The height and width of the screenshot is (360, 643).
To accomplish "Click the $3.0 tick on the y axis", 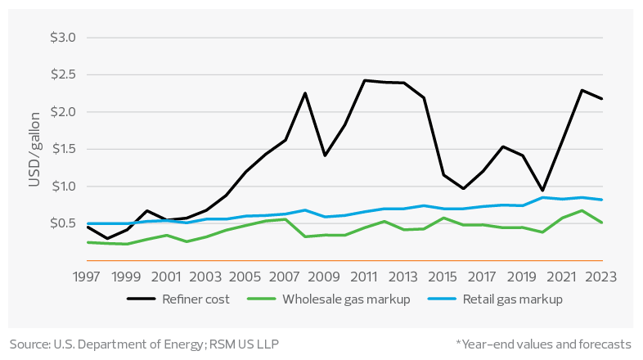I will pos(62,38).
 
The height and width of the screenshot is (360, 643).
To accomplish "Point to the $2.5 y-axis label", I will pos(62,75).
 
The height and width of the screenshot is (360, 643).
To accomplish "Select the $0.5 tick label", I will pos(62,223).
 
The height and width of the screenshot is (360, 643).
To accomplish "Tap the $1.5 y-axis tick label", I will pos(62,149).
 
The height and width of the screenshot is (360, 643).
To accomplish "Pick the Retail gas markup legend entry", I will pos(513,299).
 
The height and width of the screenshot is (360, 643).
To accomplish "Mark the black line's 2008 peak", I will pos(305,92).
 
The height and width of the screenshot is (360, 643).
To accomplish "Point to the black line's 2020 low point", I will pos(542,191).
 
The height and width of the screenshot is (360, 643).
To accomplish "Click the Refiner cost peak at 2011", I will pos(364,80).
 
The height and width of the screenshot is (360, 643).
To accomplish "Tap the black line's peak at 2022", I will pos(582,90).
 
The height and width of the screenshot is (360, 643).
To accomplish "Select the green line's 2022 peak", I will pos(582,210).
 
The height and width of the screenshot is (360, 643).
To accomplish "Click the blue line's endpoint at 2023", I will pos(602,200).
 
